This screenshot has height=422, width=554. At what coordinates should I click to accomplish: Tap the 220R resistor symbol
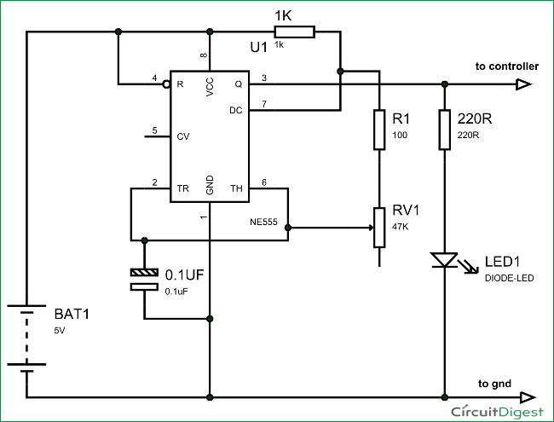point(444,130)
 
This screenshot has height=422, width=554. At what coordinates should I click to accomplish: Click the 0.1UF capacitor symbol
point(144,280)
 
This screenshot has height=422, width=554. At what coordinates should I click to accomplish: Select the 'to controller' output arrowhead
point(523,84)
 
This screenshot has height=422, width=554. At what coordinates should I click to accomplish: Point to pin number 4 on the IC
point(154,78)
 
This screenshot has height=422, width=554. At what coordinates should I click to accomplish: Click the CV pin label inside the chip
point(183,135)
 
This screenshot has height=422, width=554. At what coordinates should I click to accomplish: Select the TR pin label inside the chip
point(182,188)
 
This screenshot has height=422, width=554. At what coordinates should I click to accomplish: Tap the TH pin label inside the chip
point(236,188)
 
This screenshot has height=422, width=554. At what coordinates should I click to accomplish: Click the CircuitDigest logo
point(499,411)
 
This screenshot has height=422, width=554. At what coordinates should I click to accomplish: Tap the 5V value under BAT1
point(59,329)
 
